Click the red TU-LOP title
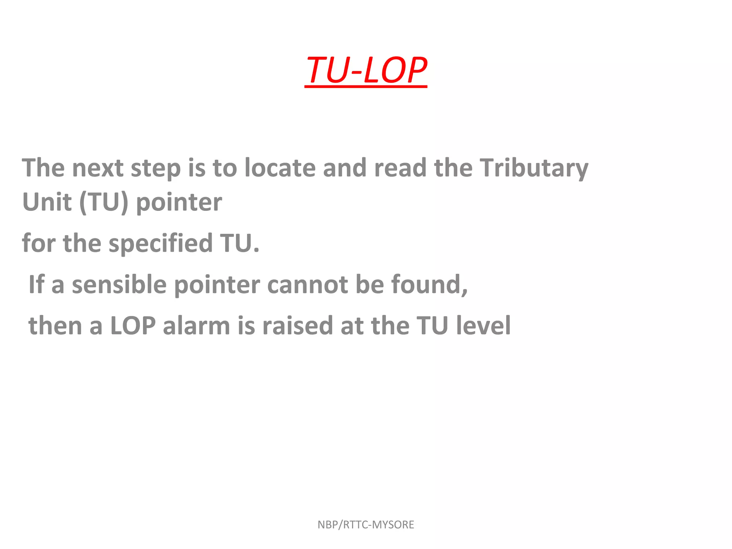tap(366, 70)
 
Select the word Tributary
tap(534, 168)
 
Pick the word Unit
tap(47, 202)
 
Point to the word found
tap(429, 285)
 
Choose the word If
tap(36, 285)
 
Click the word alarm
tap(196, 326)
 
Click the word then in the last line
tap(55, 326)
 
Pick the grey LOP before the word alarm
tap(133, 326)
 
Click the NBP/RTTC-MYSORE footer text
tap(366, 525)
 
